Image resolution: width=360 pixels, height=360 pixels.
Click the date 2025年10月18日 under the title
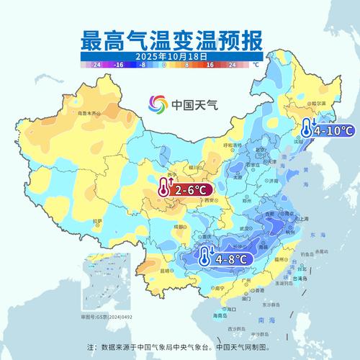[180, 55]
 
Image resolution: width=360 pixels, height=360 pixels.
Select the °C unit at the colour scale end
[255, 64]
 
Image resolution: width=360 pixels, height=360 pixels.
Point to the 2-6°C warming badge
[184, 189]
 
